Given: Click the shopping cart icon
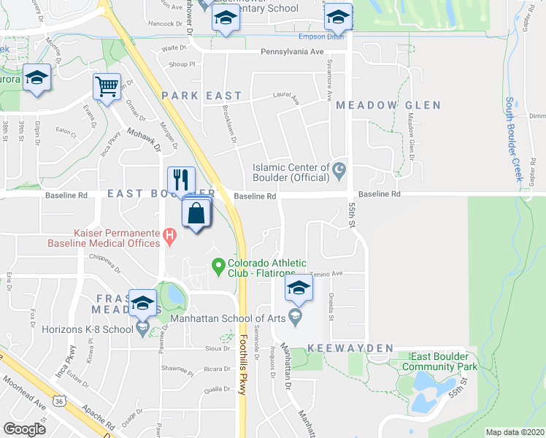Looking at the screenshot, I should click(107, 87).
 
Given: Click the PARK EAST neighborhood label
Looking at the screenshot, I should click(201, 96).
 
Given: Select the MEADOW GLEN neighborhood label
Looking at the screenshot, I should click(388, 105).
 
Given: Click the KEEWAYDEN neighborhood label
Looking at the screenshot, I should click(351, 348).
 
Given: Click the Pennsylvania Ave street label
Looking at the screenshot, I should click(292, 52).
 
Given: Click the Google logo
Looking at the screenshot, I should click(25, 429).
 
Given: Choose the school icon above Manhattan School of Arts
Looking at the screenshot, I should click(298, 288).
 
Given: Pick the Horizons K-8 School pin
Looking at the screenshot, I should click(143, 329).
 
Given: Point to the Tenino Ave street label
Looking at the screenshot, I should click(326, 274).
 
